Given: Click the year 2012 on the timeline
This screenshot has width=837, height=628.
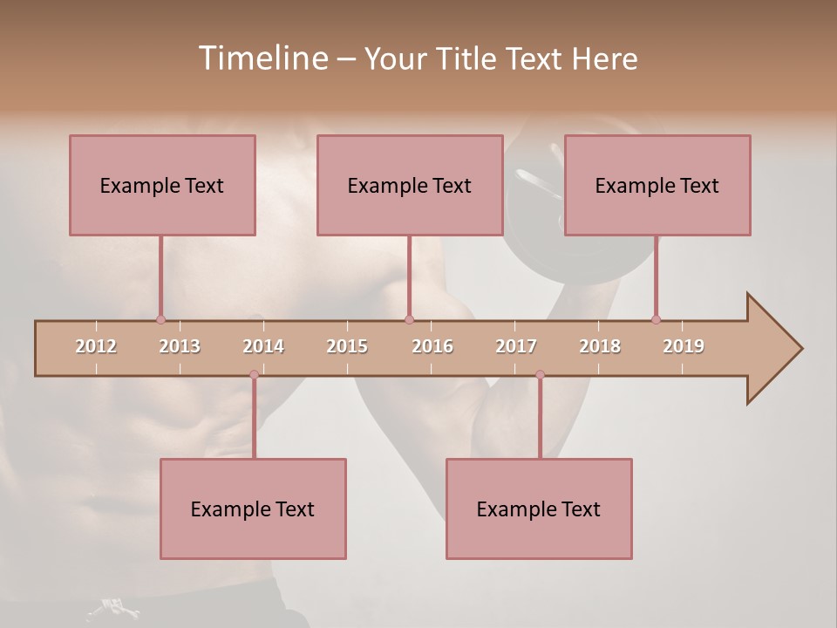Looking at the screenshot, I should [x=96, y=346].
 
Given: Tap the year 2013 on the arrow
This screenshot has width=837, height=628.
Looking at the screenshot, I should [x=180, y=346].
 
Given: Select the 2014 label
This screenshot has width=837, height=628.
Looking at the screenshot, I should [x=263, y=346].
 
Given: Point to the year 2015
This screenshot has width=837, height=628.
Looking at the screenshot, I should [x=347, y=346].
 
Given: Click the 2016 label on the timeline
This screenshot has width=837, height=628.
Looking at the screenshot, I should [x=432, y=346].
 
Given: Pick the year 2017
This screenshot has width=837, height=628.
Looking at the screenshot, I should [x=516, y=346].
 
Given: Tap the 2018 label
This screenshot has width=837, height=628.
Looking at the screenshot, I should [x=600, y=346].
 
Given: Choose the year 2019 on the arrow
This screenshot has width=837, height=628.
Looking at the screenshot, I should [x=684, y=346].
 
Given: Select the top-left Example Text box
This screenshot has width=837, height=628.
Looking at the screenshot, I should [x=162, y=185].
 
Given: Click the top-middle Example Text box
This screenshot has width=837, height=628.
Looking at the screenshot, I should [x=410, y=185].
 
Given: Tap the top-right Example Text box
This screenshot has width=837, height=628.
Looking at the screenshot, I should [x=657, y=185].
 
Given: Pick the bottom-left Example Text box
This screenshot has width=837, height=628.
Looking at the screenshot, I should [x=253, y=509].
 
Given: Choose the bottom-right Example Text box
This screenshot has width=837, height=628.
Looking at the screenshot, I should [x=539, y=509].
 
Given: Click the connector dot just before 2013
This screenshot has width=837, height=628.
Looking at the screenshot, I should [x=160, y=319].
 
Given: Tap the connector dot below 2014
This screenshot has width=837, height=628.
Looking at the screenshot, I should [x=254, y=374].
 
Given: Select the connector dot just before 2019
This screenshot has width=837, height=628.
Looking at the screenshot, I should [x=656, y=319].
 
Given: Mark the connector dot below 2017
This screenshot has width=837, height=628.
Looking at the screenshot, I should [x=540, y=374].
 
